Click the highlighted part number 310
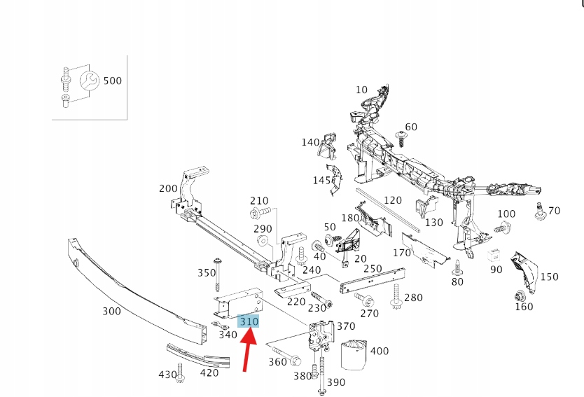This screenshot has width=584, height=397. pyautogui.click(x=249, y=321)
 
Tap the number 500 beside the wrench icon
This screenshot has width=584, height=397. pyautogui.click(x=112, y=81)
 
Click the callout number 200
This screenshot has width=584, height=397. pyautogui.click(x=168, y=188)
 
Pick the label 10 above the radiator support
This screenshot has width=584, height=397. pyautogui.click(x=361, y=90)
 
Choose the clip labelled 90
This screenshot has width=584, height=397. pyautogui.click(x=496, y=255)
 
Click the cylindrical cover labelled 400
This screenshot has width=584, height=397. pyautogui.click(x=355, y=354)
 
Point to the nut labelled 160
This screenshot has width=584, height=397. pyautogui.click(x=521, y=295)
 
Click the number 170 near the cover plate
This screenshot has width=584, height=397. pyautogui.click(x=402, y=252)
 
